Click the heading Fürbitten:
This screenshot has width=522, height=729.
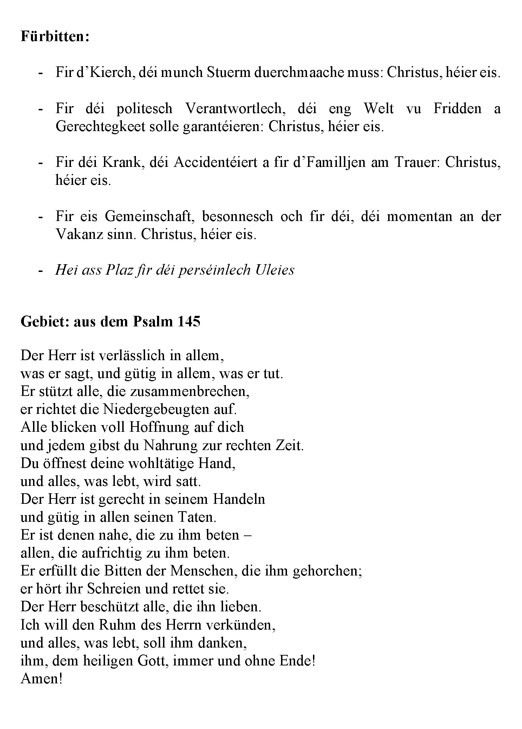point(55,37)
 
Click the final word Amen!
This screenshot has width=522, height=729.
point(41,678)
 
